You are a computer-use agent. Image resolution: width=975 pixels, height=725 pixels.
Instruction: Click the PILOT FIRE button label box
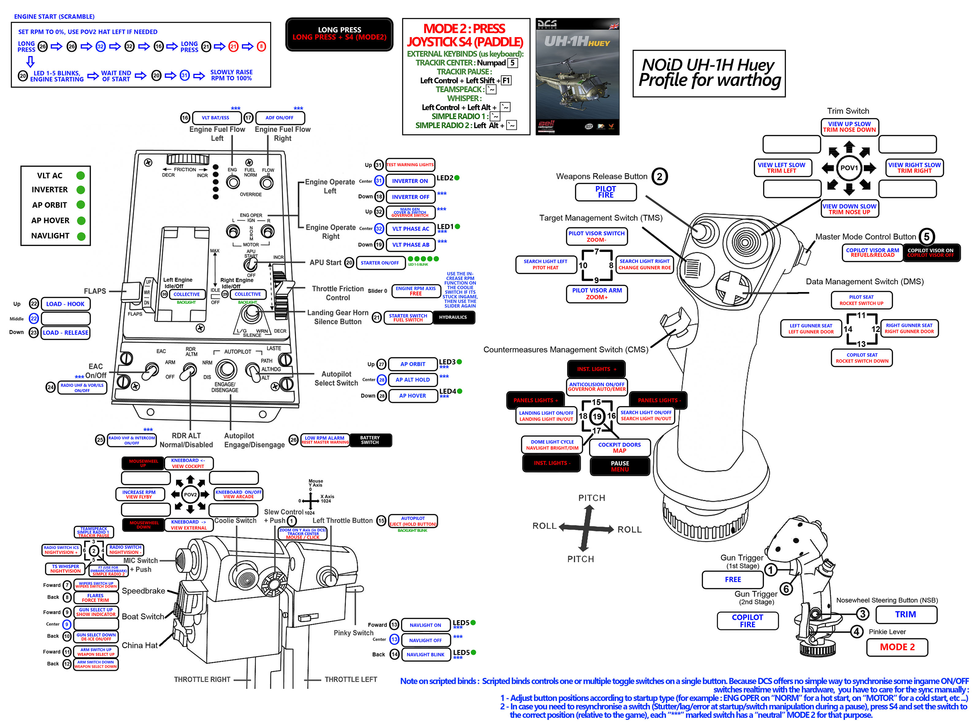pyautogui.click(x=605, y=192)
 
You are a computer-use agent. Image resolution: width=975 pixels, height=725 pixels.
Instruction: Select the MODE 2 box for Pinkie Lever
pyautogui.click(x=897, y=647)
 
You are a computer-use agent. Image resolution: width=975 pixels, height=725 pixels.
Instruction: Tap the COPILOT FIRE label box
pyautogui.click(x=747, y=621)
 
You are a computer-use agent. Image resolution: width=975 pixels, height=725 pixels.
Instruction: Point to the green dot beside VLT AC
pyautogui.click(x=80, y=176)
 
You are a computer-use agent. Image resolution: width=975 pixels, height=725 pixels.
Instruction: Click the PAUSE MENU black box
pyautogui.click(x=619, y=466)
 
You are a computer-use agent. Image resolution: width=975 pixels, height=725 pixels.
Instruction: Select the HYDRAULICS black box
pyautogui.click(x=453, y=317)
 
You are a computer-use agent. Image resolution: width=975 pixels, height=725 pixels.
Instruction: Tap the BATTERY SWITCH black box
pyautogui.click(x=370, y=440)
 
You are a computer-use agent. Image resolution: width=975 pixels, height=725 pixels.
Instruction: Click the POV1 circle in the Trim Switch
pyautogui.click(x=849, y=168)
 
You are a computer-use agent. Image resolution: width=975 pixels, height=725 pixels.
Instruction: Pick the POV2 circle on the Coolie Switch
pyautogui.click(x=190, y=495)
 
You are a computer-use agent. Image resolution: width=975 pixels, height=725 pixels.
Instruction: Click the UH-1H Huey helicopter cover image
pyautogui.click(x=577, y=77)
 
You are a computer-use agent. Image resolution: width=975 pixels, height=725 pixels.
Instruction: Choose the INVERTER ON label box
pyautogui.click(x=410, y=181)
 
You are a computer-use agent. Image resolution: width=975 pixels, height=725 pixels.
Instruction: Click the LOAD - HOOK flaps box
pyautogui.click(x=65, y=304)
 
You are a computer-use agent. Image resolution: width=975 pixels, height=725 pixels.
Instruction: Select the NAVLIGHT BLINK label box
pyautogui.click(x=425, y=654)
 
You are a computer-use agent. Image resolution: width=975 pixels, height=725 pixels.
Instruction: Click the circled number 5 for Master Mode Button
pyautogui.click(x=926, y=237)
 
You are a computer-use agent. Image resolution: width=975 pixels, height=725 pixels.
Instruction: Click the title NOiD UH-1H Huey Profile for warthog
pyautogui.click(x=709, y=73)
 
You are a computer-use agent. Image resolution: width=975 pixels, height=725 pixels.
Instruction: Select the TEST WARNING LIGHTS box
pyautogui.click(x=410, y=165)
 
